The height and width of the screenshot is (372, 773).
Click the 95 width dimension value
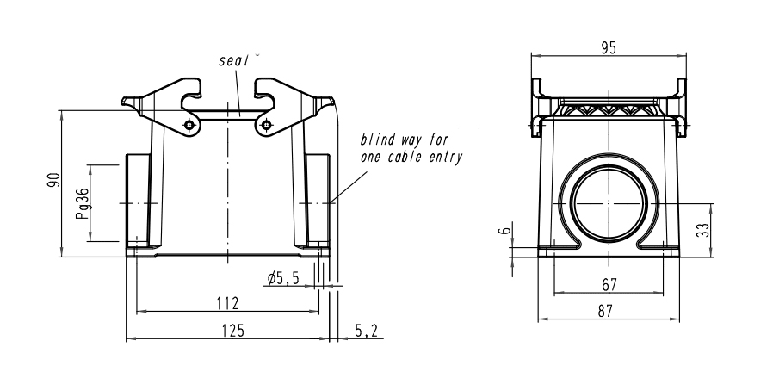click(x=609, y=48)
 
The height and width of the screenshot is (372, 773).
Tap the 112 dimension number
click(x=227, y=303)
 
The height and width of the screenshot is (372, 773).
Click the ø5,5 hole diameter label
click(x=283, y=278)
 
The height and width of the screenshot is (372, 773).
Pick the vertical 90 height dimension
click(x=53, y=182)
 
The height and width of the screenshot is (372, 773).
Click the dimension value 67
click(x=609, y=284)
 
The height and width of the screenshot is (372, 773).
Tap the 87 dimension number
click(x=609, y=312)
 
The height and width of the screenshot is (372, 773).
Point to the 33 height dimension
click(x=727, y=230)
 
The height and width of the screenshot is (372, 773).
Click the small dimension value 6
click(x=506, y=230)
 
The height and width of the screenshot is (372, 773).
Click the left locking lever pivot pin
click(x=189, y=127)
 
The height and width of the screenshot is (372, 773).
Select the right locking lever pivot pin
click(x=264, y=127)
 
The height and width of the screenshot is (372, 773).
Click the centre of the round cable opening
click(x=609, y=203)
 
